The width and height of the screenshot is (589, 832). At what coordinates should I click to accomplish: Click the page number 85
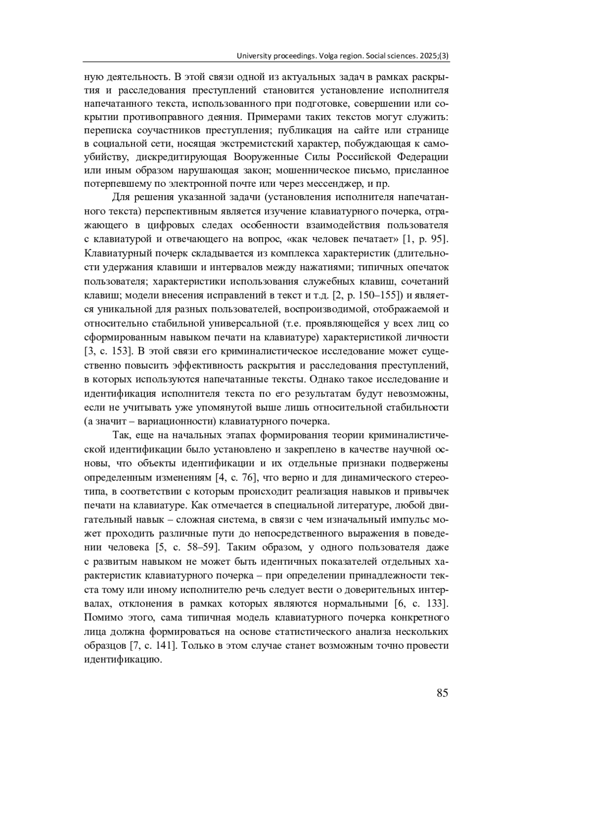[442, 693]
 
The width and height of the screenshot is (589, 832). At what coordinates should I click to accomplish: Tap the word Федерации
[422, 157]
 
